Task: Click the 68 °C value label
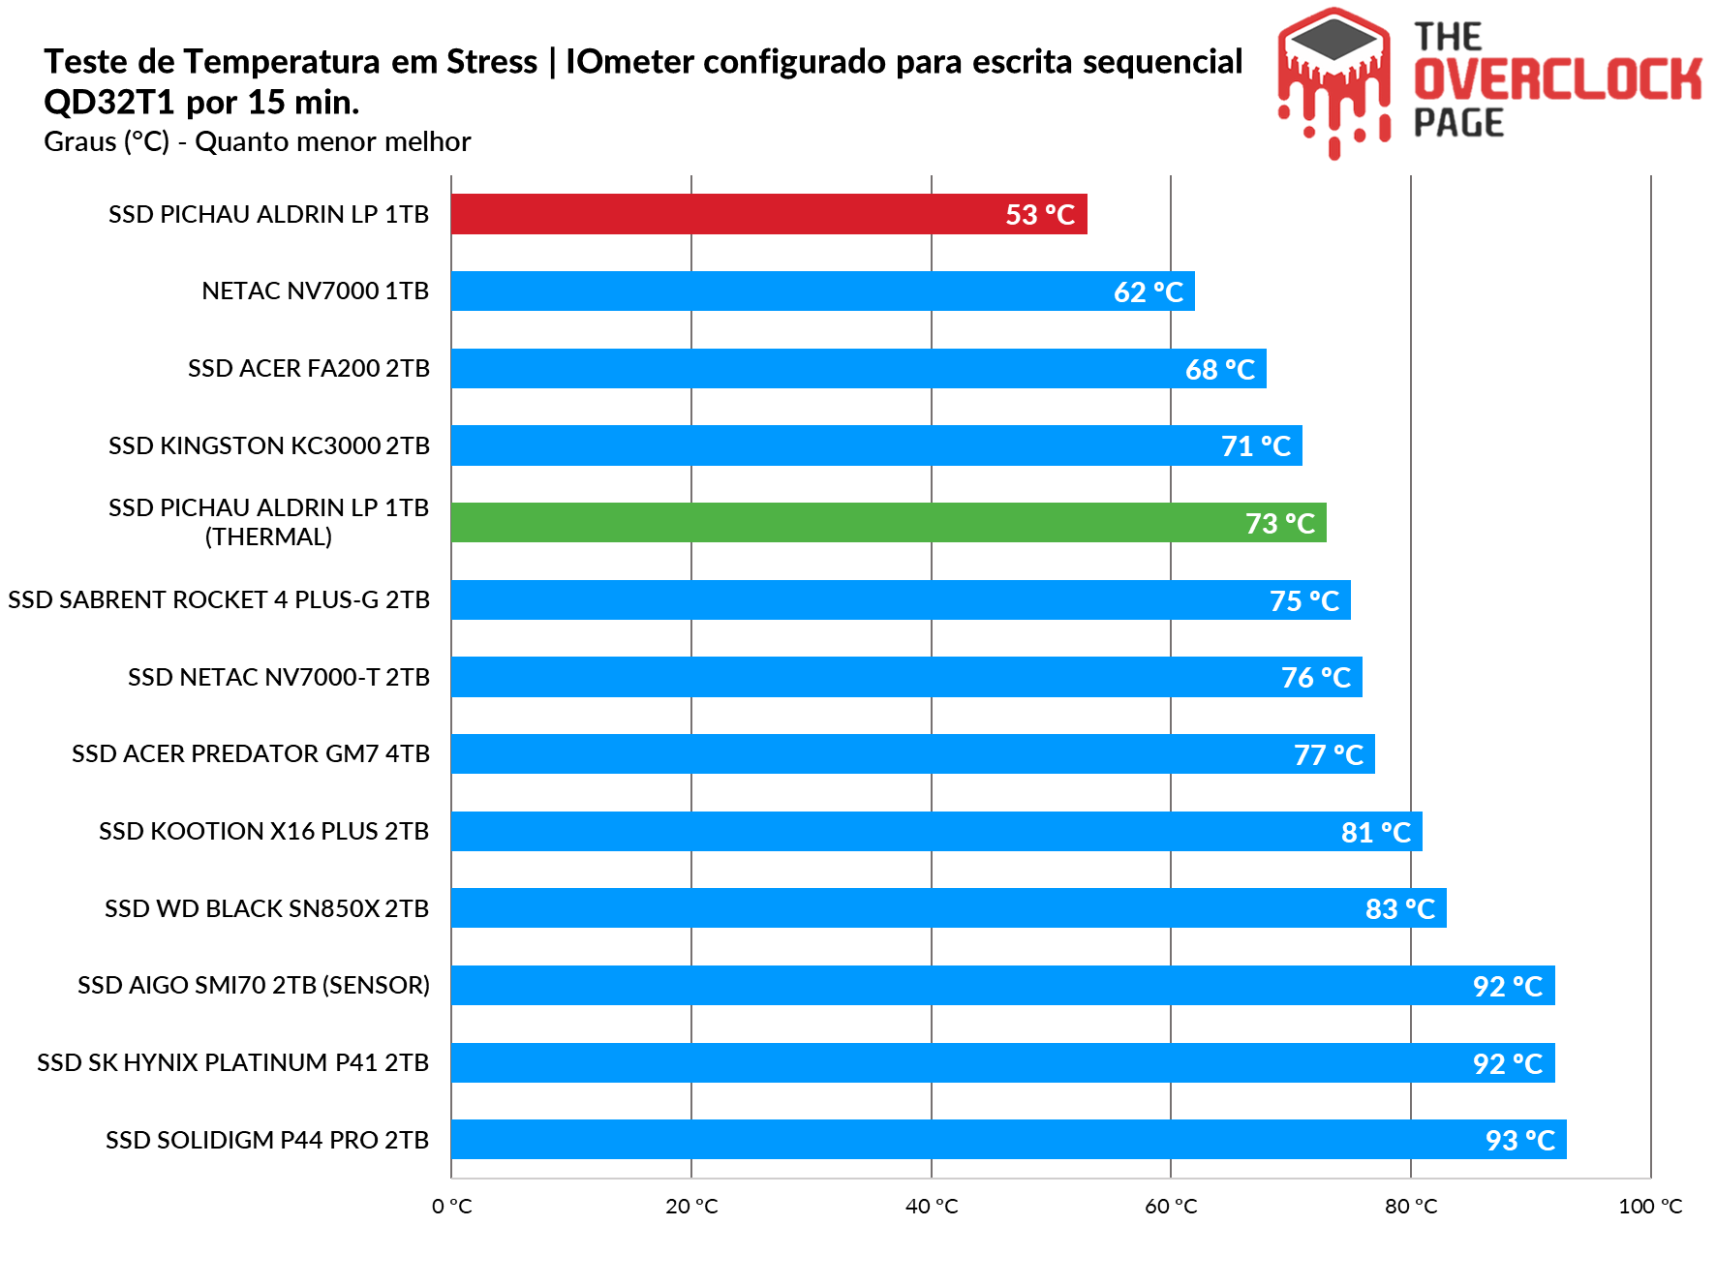(x=1220, y=369)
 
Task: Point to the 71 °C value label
(x=1256, y=446)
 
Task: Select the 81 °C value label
(x=1376, y=832)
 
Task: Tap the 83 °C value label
(x=1400, y=909)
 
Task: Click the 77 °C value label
(x=1329, y=754)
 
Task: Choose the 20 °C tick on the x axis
(x=691, y=1207)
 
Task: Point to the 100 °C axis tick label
(x=1650, y=1207)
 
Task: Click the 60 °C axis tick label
(x=1171, y=1207)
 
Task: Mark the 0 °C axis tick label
(x=452, y=1207)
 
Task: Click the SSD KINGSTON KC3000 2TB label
(x=268, y=445)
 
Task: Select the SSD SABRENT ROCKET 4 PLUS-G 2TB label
(x=219, y=600)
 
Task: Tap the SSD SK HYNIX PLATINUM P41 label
(x=232, y=1062)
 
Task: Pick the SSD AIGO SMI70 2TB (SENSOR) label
(x=254, y=986)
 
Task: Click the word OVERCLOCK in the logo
(x=1557, y=79)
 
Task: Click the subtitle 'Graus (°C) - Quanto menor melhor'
(x=258, y=142)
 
